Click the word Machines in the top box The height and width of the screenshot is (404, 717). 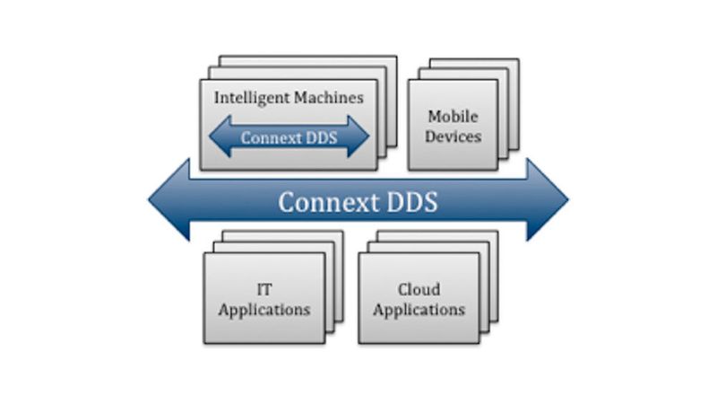point(328,98)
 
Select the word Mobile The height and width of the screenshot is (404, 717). point(453,117)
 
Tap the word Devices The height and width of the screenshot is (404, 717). point(453,136)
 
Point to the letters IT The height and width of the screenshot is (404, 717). point(264,290)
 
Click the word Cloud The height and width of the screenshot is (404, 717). point(419,290)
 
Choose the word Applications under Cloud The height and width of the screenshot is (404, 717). point(419,310)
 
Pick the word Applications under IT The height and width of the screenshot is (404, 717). point(264,310)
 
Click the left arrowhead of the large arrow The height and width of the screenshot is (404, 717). point(170,200)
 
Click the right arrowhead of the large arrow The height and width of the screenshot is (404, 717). point(546,200)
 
